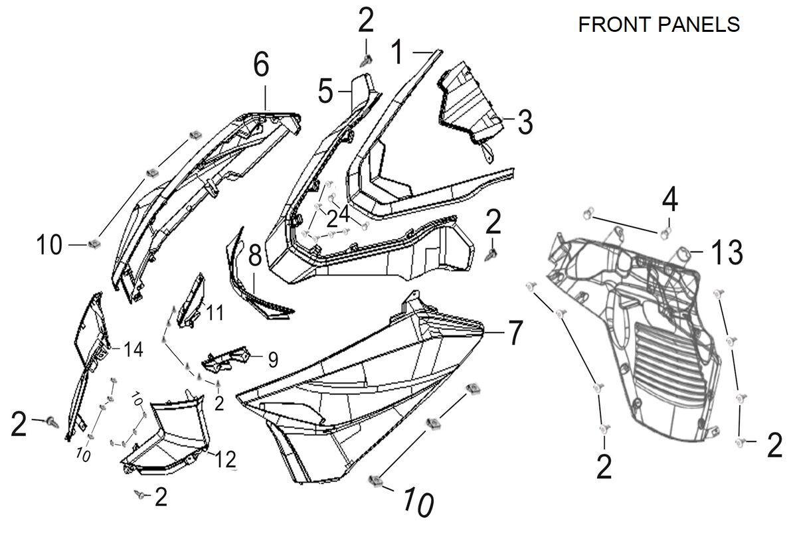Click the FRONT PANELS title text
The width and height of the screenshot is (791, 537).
point(659,25)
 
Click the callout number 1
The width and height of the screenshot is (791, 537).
point(396,52)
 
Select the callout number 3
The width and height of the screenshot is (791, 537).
point(525,123)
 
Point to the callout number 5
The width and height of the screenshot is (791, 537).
point(325,92)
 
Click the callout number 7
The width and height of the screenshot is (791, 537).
point(515,333)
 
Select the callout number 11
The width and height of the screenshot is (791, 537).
point(214,312)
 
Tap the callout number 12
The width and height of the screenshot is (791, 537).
point(226,459)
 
